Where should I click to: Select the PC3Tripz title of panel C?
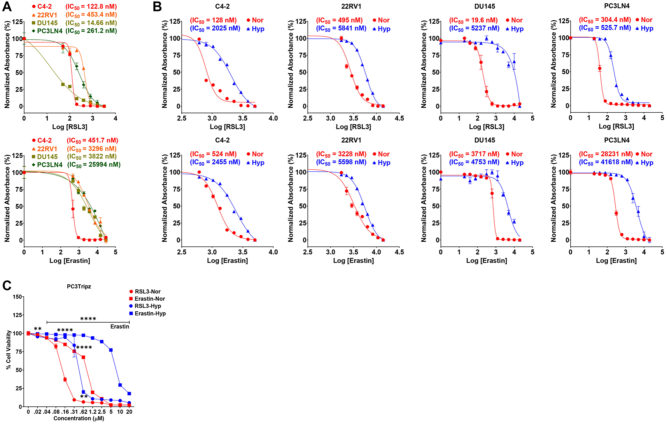(x=79, y=286)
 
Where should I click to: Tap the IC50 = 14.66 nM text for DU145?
(x=91, y=23)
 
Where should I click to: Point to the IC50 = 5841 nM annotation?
(x=341, y=29)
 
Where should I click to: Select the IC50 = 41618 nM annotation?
(x=606, y=162)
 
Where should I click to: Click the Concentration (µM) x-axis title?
(x=79, y=418)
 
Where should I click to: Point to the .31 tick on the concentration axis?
(x=74, y=412)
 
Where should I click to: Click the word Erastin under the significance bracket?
(x=119, y=327)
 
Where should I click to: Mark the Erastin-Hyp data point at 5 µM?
(x=111, y=350)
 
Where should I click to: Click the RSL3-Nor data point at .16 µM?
(x=65, y=379)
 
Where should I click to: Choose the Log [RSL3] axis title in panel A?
(x=70, y=127)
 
